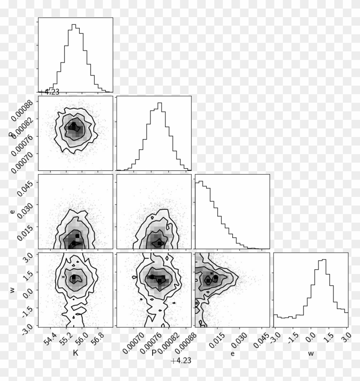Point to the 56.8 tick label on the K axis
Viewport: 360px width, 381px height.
(x=98, y=338)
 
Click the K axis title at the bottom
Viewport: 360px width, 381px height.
(x=75, y=354)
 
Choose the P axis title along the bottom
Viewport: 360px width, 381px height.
(x=153, y=354)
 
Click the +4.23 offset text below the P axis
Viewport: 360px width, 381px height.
(x=180, y=361)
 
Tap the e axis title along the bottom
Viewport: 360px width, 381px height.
(x=232, y=354)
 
